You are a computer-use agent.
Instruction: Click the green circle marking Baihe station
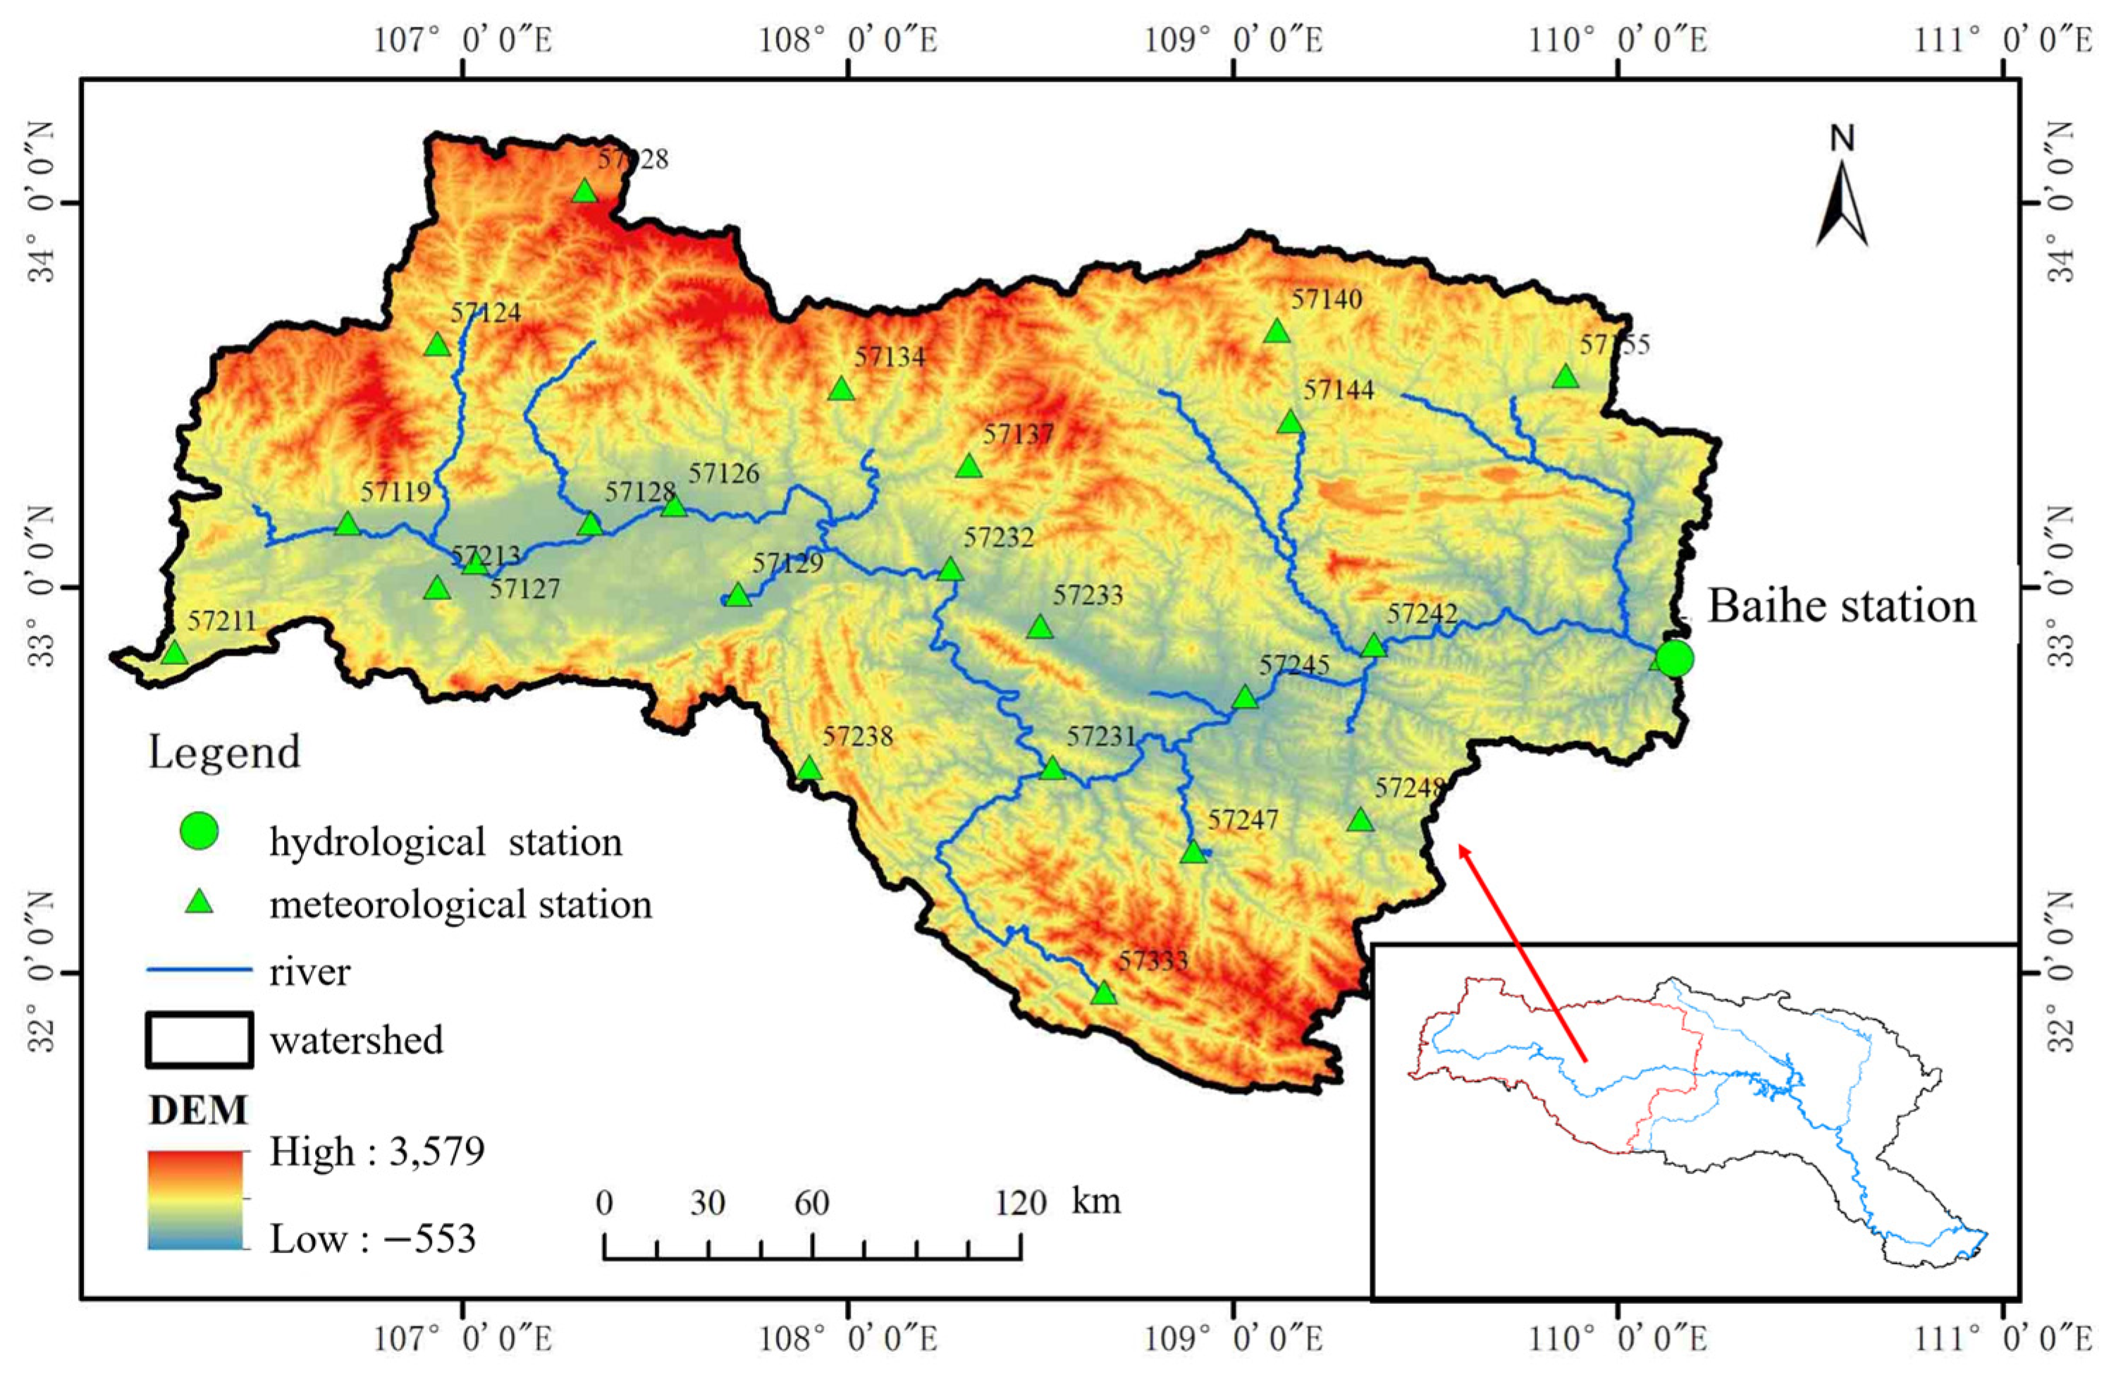pos(1675,659)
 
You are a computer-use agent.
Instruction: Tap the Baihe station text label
pos(1841,607)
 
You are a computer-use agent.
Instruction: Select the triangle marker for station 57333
pos(1103,993)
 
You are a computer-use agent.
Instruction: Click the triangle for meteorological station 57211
pos(175,653)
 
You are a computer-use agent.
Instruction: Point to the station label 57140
pos(1326,300)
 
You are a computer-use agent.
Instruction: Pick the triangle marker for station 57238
pos(809,769)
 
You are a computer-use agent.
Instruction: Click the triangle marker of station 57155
pos(1566,377)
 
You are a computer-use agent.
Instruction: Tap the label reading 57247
pos(1243,820)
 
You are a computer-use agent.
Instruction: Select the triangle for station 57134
pos(842,389)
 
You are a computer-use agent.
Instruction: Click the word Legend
pos(224,752)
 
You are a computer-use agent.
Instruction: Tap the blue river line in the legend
pos(199,970)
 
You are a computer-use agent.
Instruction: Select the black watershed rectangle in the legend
pos(199,1039)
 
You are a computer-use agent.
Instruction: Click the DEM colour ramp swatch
pos(195,1199)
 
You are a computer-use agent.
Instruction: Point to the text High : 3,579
pos(376,1152)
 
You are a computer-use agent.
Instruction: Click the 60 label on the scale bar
pos(811,1203)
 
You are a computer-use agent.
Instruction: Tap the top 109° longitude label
pos(1234,40)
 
